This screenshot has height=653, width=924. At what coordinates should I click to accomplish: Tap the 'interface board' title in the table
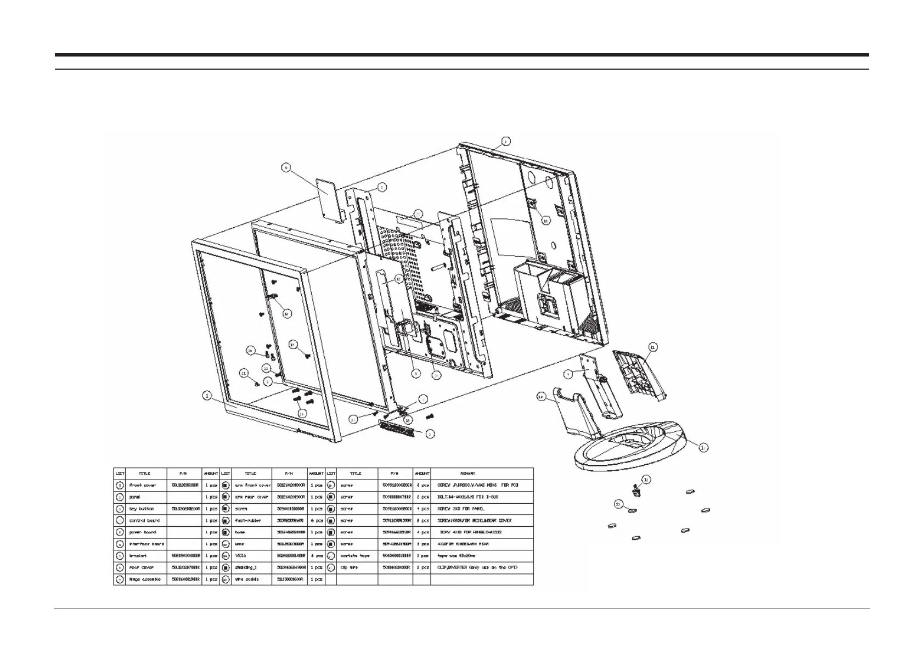(x=146, y=544)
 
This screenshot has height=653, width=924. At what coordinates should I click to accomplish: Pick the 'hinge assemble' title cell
(x=145, y=579)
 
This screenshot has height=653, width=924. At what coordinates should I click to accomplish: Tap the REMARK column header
(x=467, y=473)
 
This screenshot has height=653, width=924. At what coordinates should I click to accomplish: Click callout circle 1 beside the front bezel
(x=207, y=395)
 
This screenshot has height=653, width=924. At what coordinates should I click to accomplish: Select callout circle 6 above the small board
(x=286, y=168)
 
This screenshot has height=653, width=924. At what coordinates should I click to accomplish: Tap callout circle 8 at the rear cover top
(x=505, y=141)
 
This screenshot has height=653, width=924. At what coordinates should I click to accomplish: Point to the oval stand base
(x=631, y=444)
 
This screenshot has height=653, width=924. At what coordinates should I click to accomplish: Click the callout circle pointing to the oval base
(x=702, y=447)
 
